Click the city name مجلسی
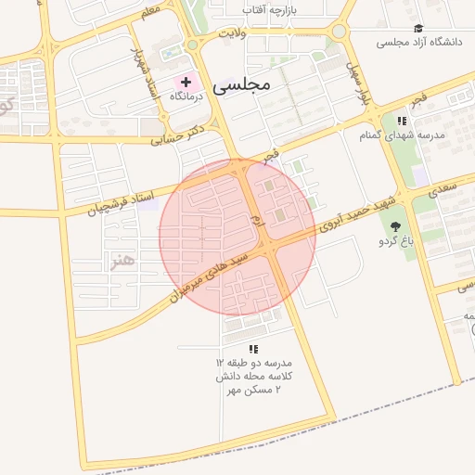pyautogui.click(x=240, y=86)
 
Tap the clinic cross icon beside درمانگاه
pyautogui.click(x=186, y=83)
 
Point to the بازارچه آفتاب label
pyautogui.click(x=270, y=8)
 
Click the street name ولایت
pyautogui.click(x=231, y=33)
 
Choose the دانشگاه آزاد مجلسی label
pyautogui.click(x=418, y=42)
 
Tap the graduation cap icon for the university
pyautogui.click(x=418, y=29)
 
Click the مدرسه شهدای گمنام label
pyautogui.click(x=403, y=135)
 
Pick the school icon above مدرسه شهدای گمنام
pyautogui.click(x=402, y=121)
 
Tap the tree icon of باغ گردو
pyautogui.click(x=396, y=226)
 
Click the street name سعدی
pyautogui.click(x=443, y=188)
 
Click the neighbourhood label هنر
pyautogui.click(x=122, y=261)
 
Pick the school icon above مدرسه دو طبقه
pyautogui.click(x=253, y=348)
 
